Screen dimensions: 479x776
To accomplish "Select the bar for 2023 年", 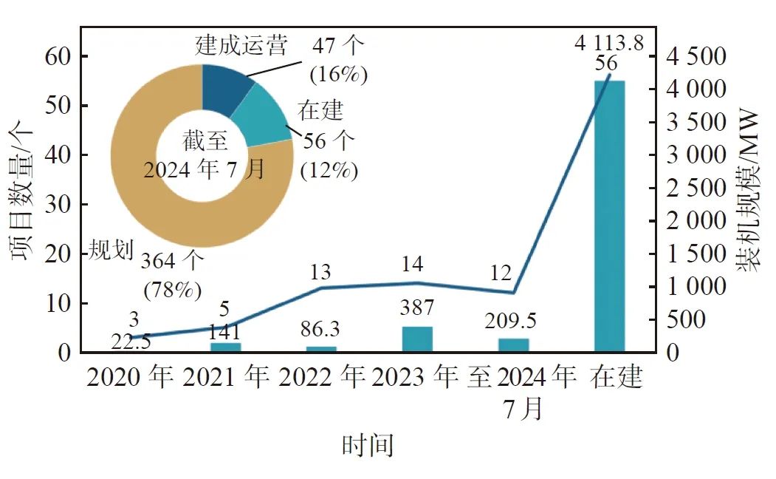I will pos(417,339).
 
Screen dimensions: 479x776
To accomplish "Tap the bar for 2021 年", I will pos(225,347).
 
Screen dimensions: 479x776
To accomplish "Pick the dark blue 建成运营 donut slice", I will pos(225,88).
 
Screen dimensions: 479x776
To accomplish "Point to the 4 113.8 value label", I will pos(609,43).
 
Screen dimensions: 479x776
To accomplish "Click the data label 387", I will pos(417,308).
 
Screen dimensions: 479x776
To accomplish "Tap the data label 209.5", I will pos(511,322).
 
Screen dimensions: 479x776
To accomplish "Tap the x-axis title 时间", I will pos(367,445).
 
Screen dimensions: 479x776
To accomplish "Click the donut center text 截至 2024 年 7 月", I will pos(202,155).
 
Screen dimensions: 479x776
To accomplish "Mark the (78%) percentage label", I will pos(173,290).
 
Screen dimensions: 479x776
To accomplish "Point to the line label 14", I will pos(417,264).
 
